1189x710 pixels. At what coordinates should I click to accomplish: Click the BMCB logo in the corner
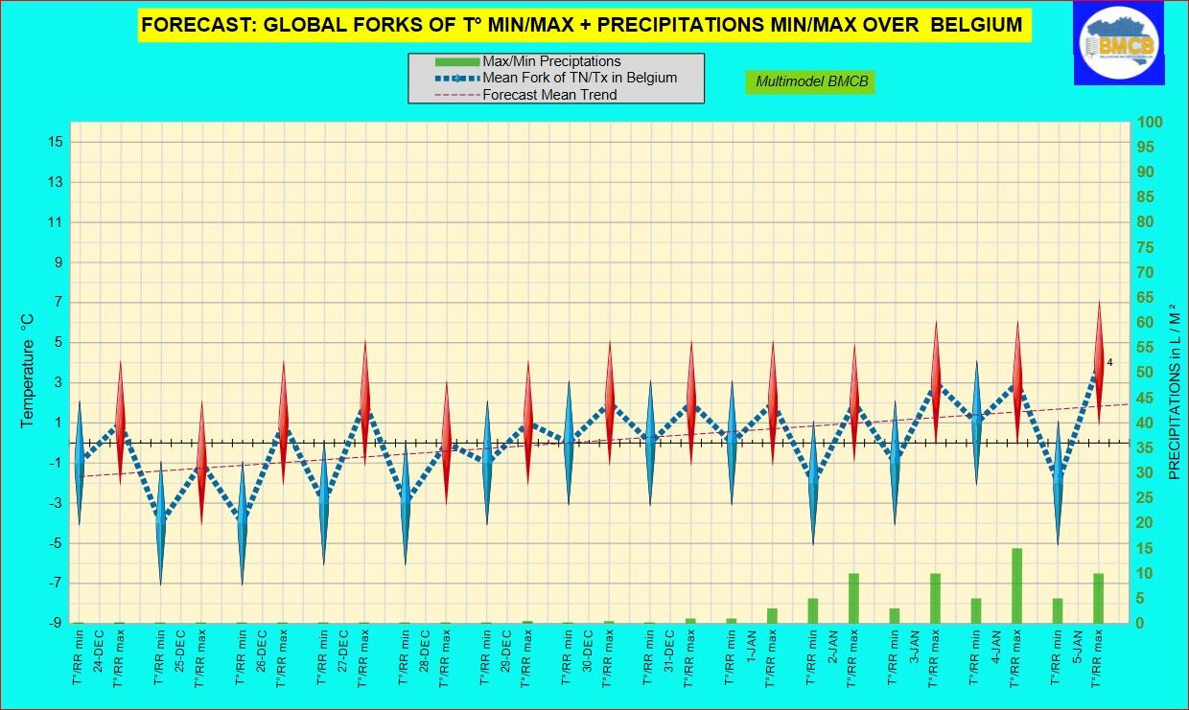(1119, 42)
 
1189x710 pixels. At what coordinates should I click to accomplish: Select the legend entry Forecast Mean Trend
(549, 95)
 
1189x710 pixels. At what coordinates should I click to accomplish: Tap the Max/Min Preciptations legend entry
(551, 61)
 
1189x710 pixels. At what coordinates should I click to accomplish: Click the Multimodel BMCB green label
(811, 81)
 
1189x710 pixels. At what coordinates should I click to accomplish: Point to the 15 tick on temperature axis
(54, 142)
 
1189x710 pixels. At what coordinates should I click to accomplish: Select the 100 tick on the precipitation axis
(1151, 122)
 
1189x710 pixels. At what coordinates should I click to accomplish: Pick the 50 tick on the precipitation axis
(1147, 373)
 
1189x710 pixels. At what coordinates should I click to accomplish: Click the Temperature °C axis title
(28, 369)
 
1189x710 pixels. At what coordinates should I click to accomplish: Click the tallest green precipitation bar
(1017, 585)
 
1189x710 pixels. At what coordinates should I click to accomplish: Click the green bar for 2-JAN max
(853, 598)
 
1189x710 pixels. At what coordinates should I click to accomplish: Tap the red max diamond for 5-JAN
(1099, 363)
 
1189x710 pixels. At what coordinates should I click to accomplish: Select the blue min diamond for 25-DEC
(161, 522)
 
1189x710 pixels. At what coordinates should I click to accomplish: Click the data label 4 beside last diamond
(1109, 362)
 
